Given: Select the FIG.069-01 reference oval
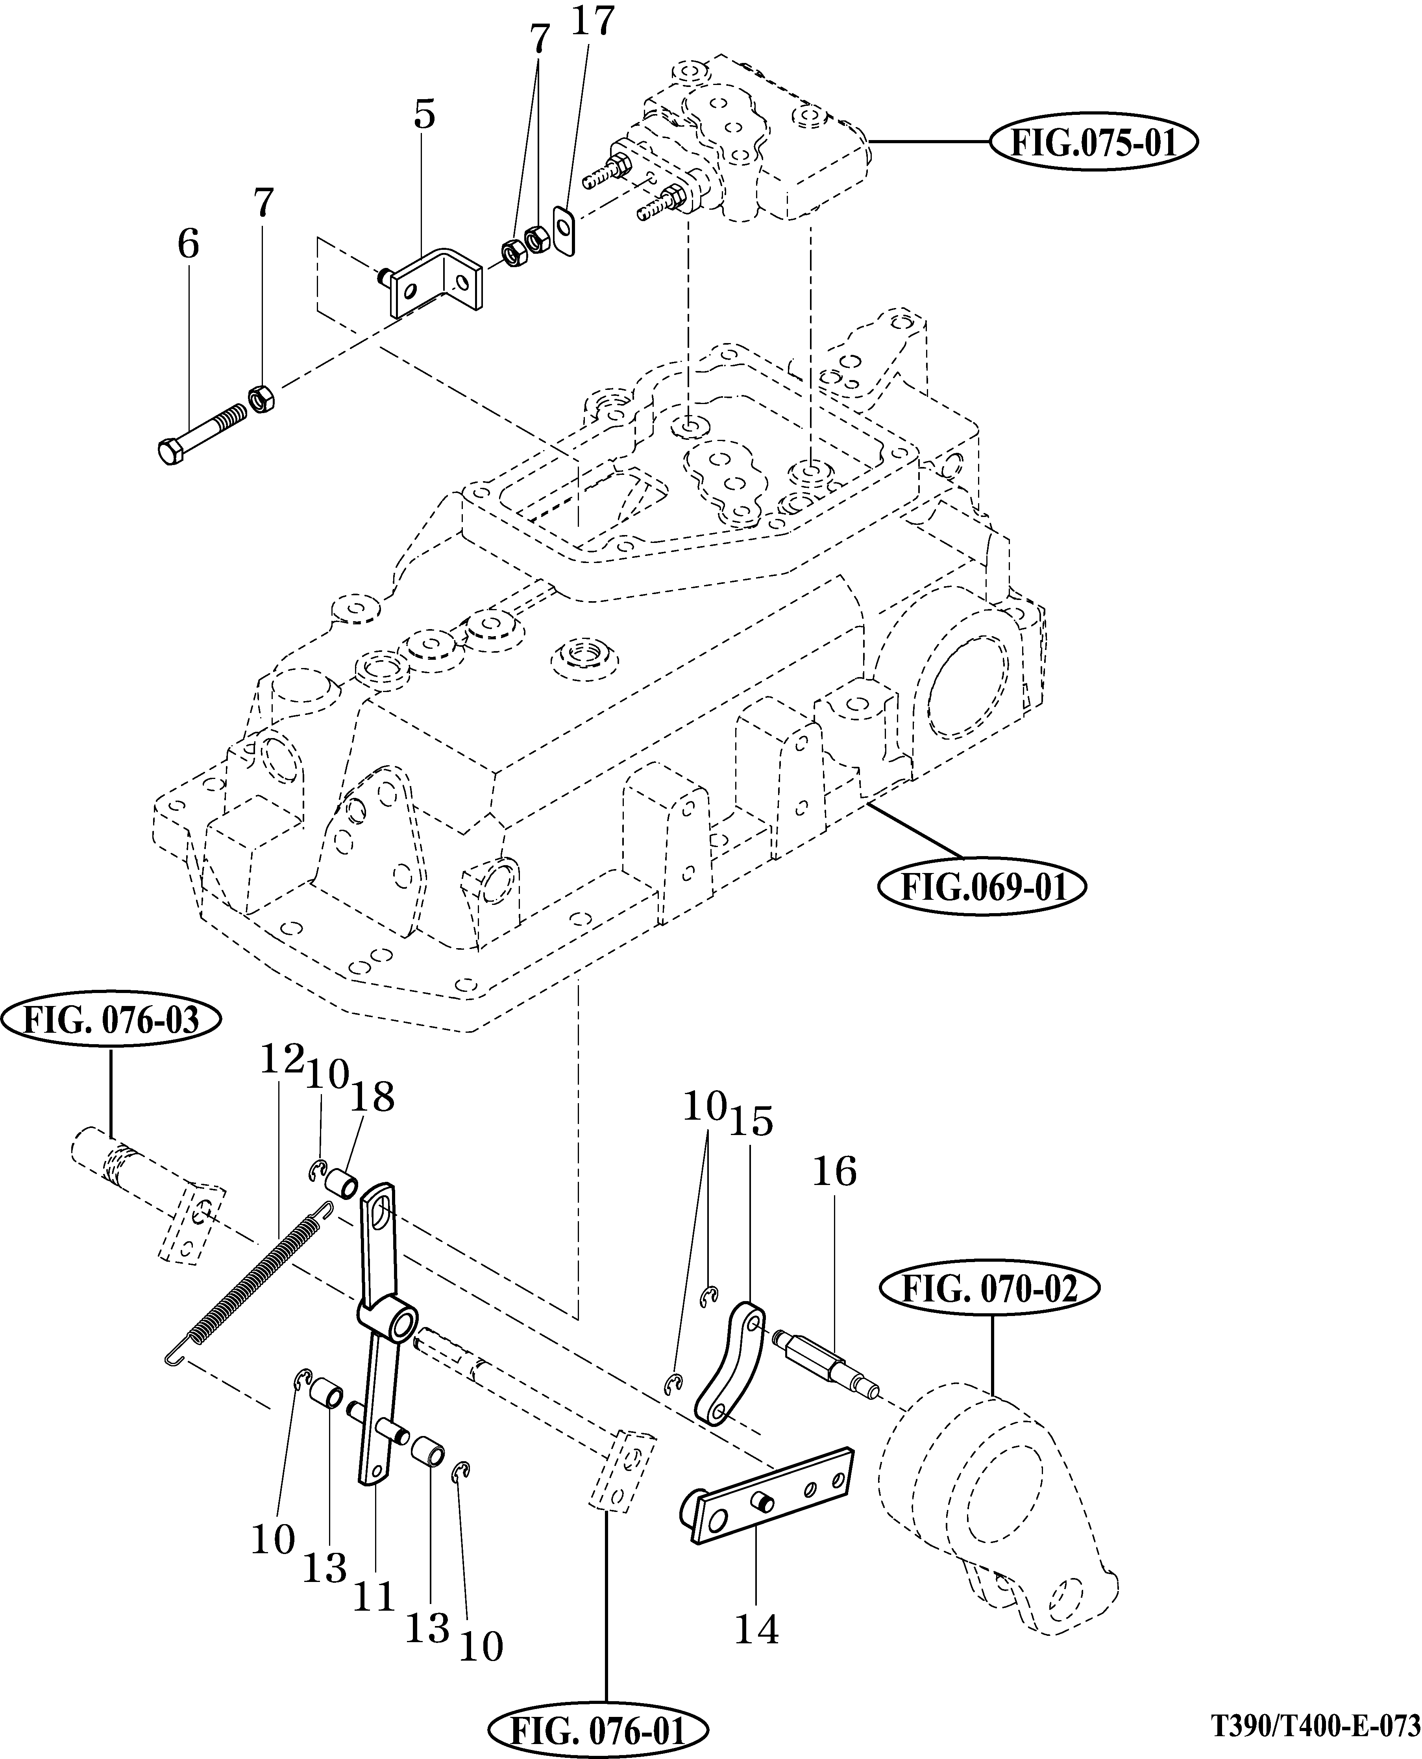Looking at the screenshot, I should (x=981, y=887).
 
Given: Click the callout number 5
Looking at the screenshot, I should (x=424, y=114).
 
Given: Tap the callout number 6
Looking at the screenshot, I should (x=189, y=243).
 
